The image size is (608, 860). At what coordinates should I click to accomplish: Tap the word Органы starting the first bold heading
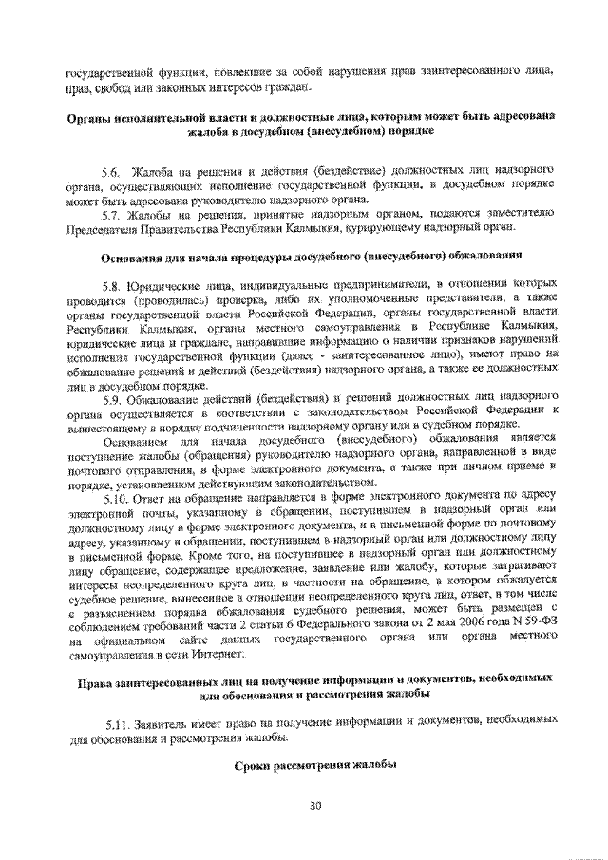(x=93, y=115)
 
